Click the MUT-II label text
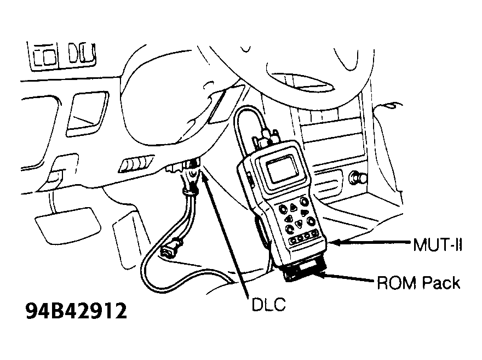click(438, 245)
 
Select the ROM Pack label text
click(418, 283)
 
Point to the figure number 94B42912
click(76, 311)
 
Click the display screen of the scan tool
click(282, 169)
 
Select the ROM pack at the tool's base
click(303, 271)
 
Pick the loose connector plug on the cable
click(171, 248)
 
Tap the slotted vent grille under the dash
click(136, 164)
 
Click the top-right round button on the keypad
click(304, 201)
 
